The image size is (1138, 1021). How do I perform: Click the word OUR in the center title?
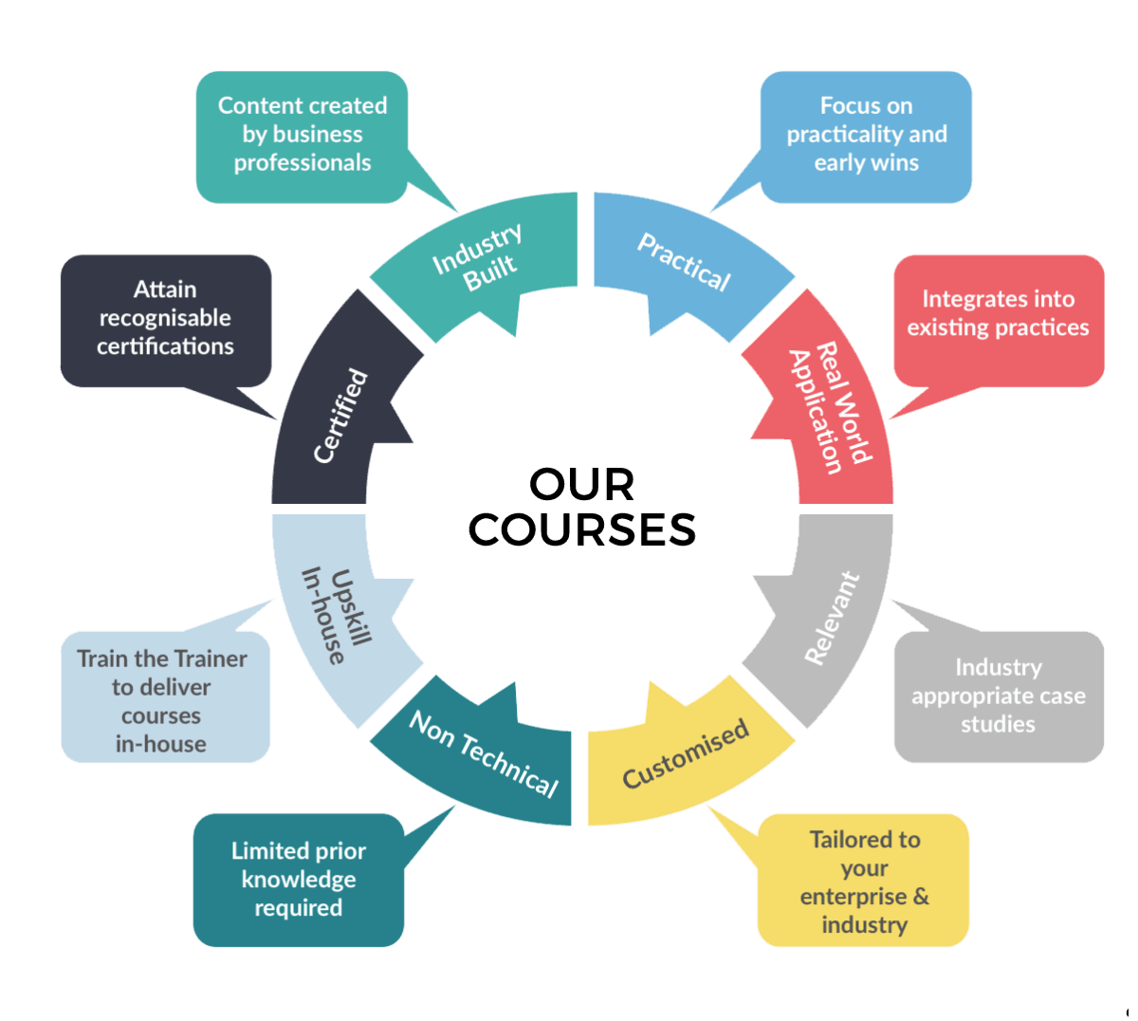click(581, 485)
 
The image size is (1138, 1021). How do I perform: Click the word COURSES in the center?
click(581, 529)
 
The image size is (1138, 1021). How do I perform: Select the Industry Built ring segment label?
click(478, 258)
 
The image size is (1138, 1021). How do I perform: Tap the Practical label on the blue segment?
click(684, 261)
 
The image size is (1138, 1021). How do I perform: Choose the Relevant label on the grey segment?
click(832, 618)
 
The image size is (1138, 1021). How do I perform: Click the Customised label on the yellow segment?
click(685, 754)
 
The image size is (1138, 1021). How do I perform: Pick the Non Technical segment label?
click(483, 754)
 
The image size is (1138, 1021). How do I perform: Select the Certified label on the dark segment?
click(340, 416)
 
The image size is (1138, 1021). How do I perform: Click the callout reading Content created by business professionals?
click(302, 135)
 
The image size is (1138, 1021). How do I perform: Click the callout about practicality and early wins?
click(866, 135)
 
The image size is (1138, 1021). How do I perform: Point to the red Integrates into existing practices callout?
click(998, 314)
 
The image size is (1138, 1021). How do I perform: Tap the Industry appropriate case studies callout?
click(998, 696)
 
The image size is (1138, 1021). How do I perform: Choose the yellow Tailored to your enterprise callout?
click(863, 882)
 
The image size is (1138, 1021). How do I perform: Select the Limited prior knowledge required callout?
click(298, 880)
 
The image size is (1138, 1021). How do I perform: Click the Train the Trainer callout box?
click(163, 700)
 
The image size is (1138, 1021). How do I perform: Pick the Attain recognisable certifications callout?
click(165, 318)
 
